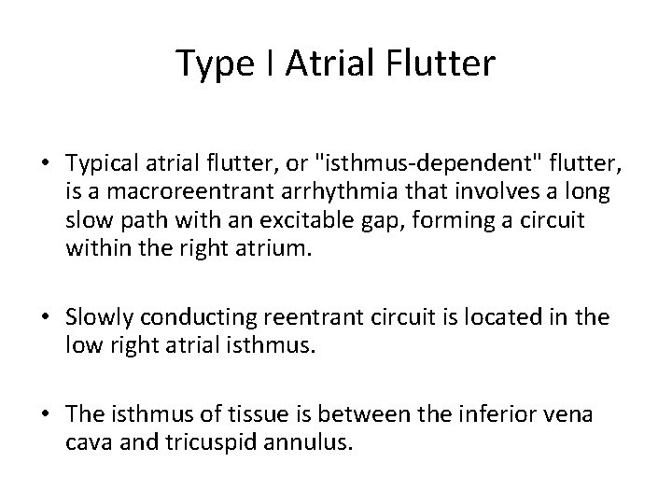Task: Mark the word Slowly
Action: coord(101,317)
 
